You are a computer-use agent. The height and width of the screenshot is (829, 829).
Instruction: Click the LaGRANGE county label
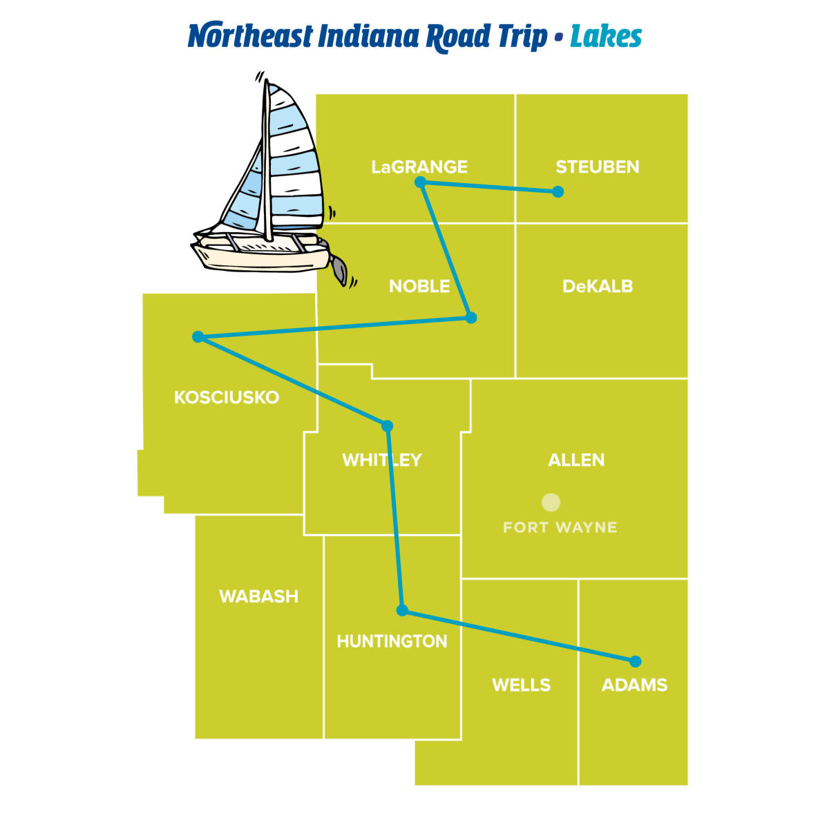(x=419, y=167)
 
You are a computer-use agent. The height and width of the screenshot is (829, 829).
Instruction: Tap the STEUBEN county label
(x=598, y=167)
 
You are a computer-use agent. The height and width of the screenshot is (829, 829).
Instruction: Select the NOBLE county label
(x=419, y=286)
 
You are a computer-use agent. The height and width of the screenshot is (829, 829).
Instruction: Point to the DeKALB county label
(x=598, y=286)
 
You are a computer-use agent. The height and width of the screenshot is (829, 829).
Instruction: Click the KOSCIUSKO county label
(x=227, y=397)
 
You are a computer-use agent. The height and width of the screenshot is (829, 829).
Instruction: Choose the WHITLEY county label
(x=381, y=460)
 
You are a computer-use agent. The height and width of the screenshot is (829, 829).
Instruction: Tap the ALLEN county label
(x=576, y=460)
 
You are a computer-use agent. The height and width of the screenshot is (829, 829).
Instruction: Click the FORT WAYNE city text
(x=560, y=528)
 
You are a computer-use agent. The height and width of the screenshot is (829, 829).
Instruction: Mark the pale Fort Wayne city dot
(x=551, y=502)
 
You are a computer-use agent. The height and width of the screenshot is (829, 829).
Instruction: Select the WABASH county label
(x=258, y=596)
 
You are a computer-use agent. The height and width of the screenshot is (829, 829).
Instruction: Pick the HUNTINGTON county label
(x=392, y=641)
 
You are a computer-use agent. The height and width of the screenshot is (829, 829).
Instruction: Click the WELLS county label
(x=521, y=685)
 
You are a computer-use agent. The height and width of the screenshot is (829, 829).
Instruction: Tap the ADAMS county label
(x=634, y=685)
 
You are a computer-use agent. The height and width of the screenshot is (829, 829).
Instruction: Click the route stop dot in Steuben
(x=558, y=191)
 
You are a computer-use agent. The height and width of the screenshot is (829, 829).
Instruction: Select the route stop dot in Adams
(x=636, y=661)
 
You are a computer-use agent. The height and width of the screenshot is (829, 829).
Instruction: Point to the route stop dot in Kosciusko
(x=198, y=336)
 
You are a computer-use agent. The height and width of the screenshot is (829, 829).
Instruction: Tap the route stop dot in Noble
(x=471, y=318)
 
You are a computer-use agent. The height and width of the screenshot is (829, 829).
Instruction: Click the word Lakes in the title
(x=606, y=37)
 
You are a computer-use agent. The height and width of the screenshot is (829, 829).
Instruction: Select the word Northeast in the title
(x=250, y=37)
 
